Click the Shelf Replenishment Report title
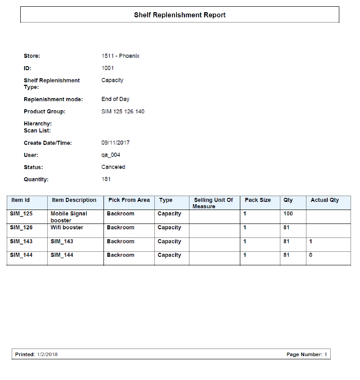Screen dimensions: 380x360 coord(180,15)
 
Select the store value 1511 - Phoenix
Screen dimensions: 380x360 coord(120,56)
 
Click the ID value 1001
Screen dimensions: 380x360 coord(108,68)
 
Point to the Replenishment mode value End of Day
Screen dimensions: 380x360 coord(115,99)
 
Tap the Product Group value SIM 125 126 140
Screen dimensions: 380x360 coord(123,112)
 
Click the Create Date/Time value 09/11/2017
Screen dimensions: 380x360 coord(115,143)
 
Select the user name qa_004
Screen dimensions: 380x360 coord(111,155)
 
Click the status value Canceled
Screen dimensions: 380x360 coord(113,167)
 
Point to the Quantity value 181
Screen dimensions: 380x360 coord(106,179)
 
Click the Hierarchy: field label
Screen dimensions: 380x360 coord(38,124)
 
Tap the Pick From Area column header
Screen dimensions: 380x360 coord(129,200)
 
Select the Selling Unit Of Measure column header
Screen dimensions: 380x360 coord(213,203)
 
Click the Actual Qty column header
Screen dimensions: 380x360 coord(324,200)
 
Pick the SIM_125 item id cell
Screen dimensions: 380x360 coord(21,214)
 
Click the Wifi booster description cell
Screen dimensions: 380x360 coord(67,228)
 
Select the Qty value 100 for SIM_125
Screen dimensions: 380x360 coord(288,214)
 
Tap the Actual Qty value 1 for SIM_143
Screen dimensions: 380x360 coord(310,241)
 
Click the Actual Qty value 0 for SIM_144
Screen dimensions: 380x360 coord(310,255)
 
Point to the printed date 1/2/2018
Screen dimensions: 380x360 coord(47,354)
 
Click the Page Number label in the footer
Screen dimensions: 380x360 coord(304,354)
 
